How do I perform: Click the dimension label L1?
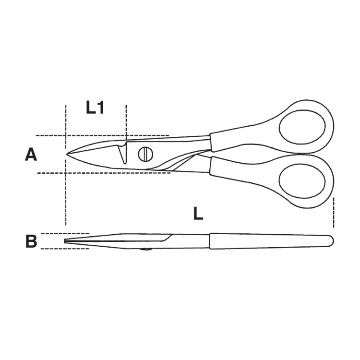[95, 108]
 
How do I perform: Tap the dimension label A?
[31, 155]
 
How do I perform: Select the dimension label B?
[31, 241]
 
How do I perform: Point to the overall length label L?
[198, 213]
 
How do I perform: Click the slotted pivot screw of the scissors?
[145, 154]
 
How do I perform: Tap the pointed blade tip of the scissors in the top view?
[67, 154]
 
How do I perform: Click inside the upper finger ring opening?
[302, 127]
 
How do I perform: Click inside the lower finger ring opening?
[302, 180]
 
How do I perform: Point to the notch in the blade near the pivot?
[123, 154]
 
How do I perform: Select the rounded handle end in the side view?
[330, 240]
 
